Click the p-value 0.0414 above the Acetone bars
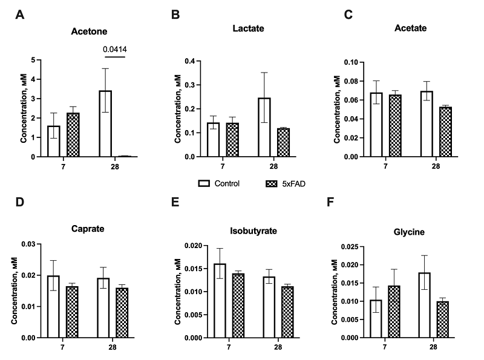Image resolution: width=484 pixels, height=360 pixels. click(x=114, y=49)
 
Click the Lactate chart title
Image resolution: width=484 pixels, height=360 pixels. click(x=248, y=28)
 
